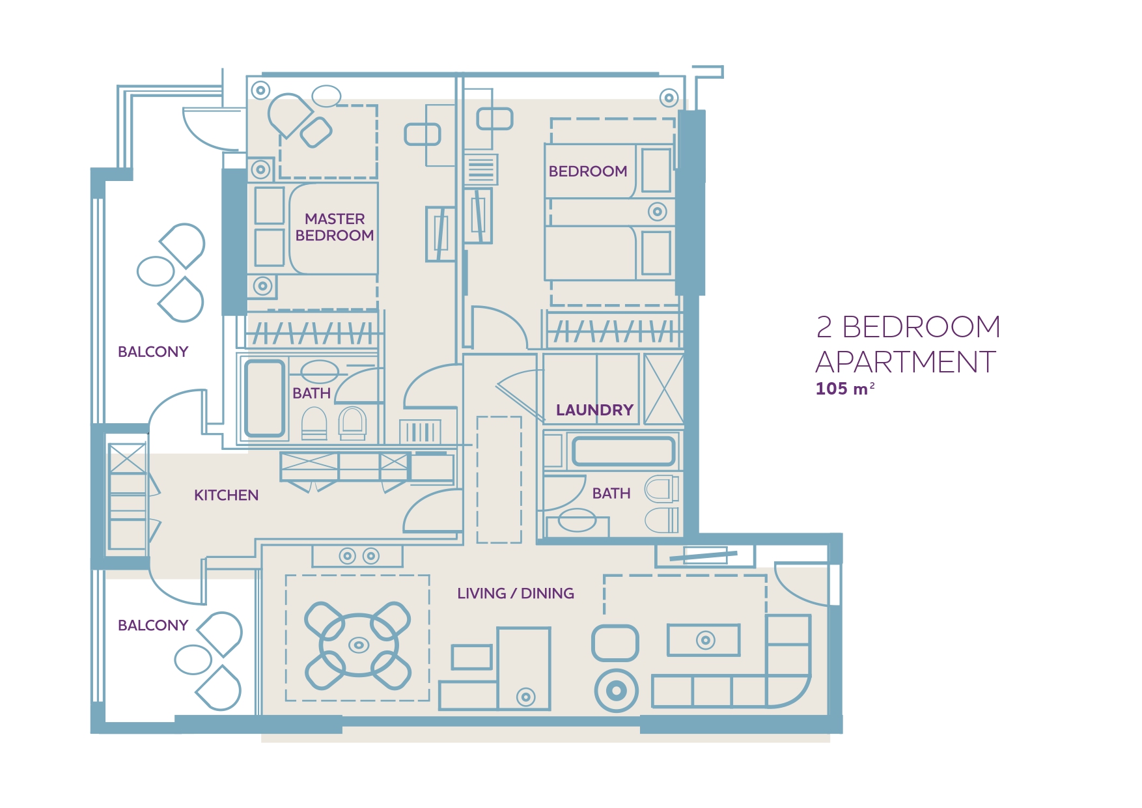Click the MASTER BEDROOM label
pyautogui.click(x=335, y=227)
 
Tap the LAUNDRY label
pyautogui.click(x=594, y=410)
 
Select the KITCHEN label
pyautogui.click(x=226, y=495)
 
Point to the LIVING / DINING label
pyautogui.click(x=516, y=593)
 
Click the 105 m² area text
pyautogui.click(x=845, y=389)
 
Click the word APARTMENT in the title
pyautogui.click(x=906, y=362)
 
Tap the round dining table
pyautogui.click(x=359, y=645)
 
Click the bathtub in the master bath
pyautogui.click(x=265, y=398)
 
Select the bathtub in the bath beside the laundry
pyautogui.click(x=623, y=451)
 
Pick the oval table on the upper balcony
pyautogui.click(x=156, y=272)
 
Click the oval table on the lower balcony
pyautogui.click(x=193, y=660)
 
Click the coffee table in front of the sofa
pyautogui.click(x=704, y=640)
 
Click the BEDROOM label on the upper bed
pyautogui.click(x=588, y=171)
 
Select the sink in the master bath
pyautogui.click(x=320, y=372)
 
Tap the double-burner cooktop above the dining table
pyautogui.click(x=357, y=556)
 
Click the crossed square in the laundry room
pyautogui.click(x=663, y=389)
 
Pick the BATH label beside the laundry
pyautogui.click(x=611, y=494)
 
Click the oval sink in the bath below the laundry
pyautogui.click(x=578, y=520)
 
